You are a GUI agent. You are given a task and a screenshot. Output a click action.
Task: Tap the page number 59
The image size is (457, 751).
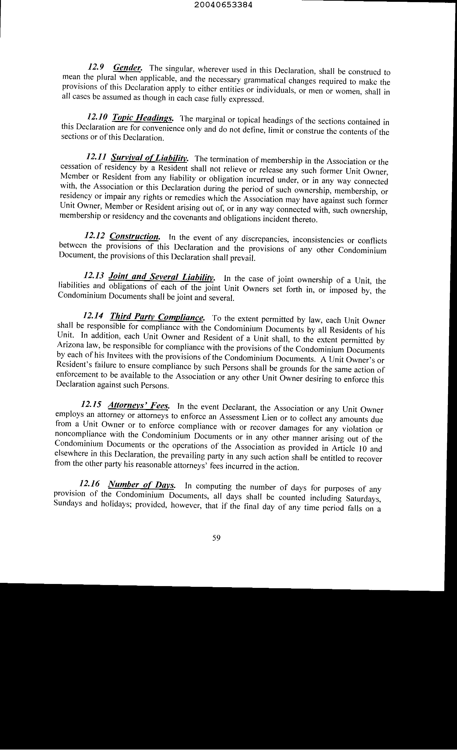point(216,546)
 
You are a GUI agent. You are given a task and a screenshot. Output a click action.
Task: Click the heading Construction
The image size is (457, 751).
point(134,236)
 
